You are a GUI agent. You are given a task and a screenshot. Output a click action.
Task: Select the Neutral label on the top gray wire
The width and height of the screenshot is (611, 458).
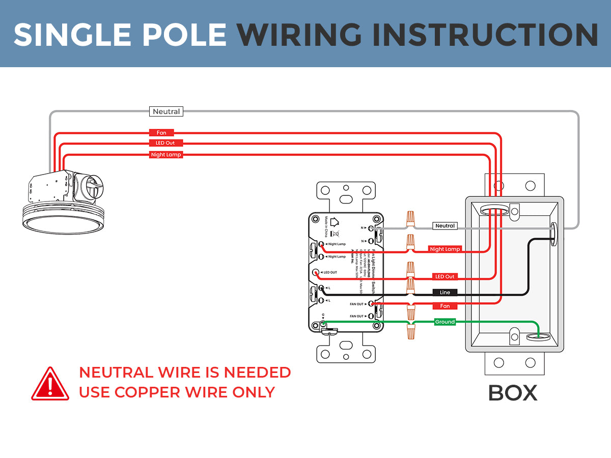point(166,111)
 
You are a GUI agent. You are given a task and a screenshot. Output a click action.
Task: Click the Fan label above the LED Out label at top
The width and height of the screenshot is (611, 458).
point(161,133)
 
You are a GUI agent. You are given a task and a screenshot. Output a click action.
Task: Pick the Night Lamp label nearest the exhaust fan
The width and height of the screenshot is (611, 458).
point(166,155)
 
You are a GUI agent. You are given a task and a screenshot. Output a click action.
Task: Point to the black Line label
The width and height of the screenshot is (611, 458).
point(445,293)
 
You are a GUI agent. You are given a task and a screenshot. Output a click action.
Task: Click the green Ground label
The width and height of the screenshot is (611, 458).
point(445,322)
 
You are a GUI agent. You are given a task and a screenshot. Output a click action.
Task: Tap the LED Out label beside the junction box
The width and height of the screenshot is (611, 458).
point(445,276)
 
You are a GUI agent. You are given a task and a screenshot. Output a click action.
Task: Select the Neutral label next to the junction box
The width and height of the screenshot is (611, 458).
point(445,225)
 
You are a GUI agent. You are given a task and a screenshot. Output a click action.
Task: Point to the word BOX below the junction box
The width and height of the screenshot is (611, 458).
point(513,393)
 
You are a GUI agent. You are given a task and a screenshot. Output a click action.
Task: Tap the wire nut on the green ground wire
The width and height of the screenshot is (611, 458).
point(410,331)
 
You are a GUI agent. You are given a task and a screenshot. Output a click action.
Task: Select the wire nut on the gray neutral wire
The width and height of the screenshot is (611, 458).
point(410,220)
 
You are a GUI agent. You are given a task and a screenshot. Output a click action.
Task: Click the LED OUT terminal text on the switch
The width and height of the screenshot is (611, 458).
point(329,273)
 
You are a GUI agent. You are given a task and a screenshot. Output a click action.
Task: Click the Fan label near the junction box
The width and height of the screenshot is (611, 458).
point(445,306)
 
